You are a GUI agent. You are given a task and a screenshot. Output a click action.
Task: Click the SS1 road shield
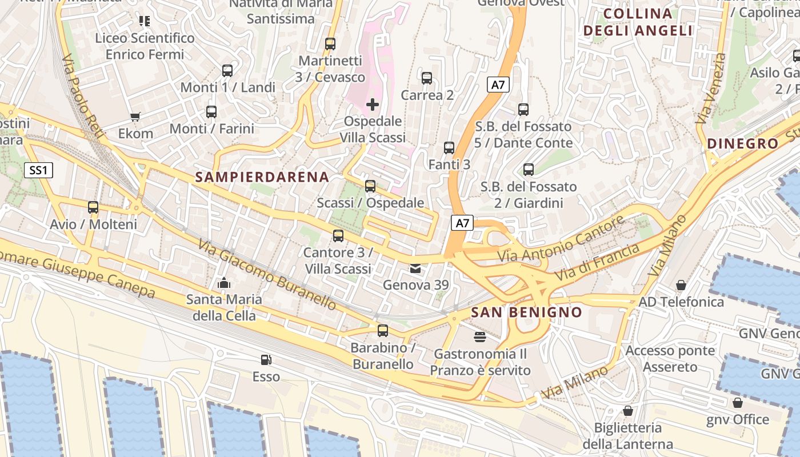pyautogui.click(x=39, y=170)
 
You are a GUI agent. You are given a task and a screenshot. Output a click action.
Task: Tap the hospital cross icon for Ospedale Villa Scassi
pyautogui.click(x=373, y=105)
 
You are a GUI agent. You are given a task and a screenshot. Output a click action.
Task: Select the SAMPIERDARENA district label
pyautogui.click(x=262, y=177)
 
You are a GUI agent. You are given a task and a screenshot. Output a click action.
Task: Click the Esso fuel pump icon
pyautogui.click(x=266, y=360)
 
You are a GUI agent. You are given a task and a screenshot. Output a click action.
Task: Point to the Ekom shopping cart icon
pyautogui.click(x=135, y=117)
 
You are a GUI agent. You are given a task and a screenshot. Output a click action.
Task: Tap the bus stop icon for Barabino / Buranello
pyautogui.click(x=383, y=331)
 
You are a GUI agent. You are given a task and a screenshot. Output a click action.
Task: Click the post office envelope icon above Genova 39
pyautogui.click(x=415, y=268)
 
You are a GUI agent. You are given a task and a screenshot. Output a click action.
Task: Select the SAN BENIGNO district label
pyautogui.click(x=526, y=312)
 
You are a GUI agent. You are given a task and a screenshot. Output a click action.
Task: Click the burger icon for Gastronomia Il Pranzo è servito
pyautogui.click(x=480, y=337)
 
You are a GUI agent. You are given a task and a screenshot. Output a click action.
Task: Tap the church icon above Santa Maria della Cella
pyautogui.click(x=224, y=283)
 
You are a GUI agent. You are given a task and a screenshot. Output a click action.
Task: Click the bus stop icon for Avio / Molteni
pyautogui.click(x=93, y=207)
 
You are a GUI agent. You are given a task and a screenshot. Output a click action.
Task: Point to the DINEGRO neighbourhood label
pyautogui.click(x=743, y=144)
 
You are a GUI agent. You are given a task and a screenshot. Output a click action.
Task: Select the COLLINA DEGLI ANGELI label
pyautogui.click(x=638, y=22)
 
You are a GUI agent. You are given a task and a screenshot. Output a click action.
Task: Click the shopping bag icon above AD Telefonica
pyautogui.click(x=681, y=284)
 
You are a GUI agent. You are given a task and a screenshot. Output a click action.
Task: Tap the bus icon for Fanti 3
pyautogui.click(x=449, y=148)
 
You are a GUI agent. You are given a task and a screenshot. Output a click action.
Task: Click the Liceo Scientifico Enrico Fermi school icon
pyautogui.click(x=145, y=21)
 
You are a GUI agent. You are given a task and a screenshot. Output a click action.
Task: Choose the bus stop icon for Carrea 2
pyautogui.click(x=427, y=78)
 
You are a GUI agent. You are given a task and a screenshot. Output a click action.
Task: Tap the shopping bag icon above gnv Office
pyautogui.click(x=738, y=403)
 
